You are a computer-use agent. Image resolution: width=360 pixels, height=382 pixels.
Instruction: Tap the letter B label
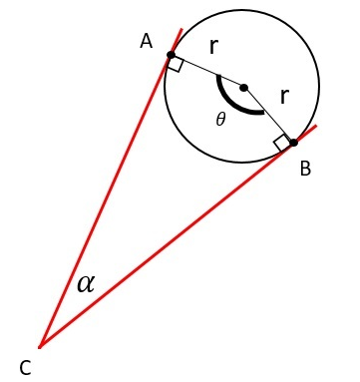(x=305, y=169)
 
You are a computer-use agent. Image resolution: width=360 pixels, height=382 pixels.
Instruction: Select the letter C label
(x=25, y=367)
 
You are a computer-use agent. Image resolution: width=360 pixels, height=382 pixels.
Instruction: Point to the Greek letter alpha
(x=86, y=283)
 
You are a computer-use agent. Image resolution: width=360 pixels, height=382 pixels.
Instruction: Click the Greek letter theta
(x=221, y=120)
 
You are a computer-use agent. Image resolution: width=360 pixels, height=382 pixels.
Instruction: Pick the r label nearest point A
(x=213, y=47)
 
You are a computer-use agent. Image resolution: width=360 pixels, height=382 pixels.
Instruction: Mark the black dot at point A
(x=172, y=55)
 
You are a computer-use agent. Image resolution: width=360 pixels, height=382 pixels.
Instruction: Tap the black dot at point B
(x=293, y=143)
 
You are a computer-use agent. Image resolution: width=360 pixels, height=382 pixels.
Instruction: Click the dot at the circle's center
(x=244, y=87)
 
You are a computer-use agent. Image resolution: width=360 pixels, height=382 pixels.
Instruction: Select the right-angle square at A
(x=176, y=65)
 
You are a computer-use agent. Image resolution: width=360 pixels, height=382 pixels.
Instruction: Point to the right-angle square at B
(x=283, y=143)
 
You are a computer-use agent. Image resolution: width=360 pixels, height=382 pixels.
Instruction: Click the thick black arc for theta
(x=235, y=104)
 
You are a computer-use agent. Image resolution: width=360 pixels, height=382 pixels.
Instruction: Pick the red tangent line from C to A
(x=105, y=199)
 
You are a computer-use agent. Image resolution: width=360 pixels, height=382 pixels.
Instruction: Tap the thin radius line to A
(x=207, y=71)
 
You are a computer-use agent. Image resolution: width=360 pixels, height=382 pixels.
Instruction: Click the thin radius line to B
(x=269, y=115)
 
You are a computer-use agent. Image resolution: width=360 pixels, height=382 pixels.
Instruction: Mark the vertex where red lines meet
(x=40, y=346)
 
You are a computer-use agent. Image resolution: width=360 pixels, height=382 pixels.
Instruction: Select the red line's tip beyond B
(x=316, y=126)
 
